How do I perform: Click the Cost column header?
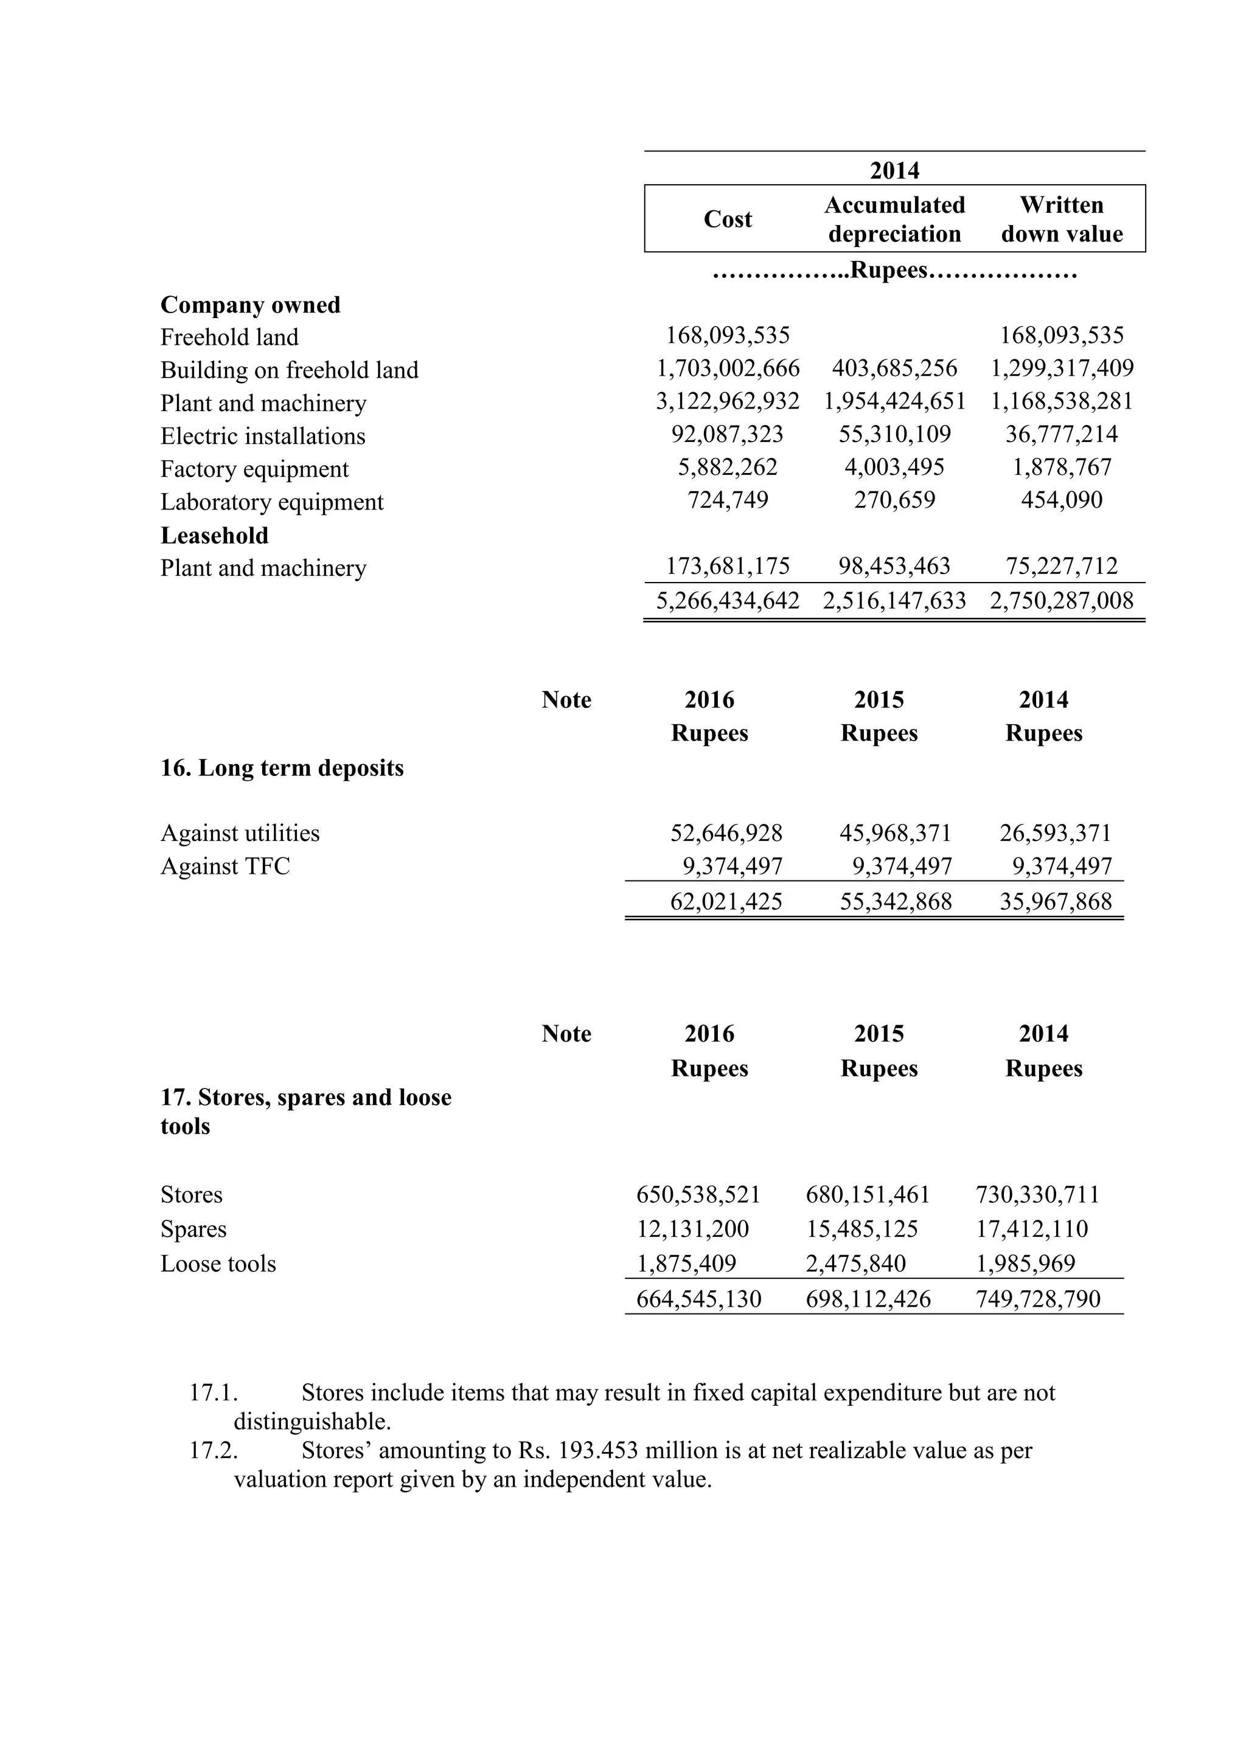coord(728,220)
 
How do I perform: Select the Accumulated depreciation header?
coord(894,220)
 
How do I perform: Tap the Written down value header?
coord(1062,220)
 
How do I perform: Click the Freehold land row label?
coord(229,337)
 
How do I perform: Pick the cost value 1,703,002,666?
coord(728,369)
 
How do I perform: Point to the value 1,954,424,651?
coord(894,402)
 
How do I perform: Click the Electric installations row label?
coord(262,437)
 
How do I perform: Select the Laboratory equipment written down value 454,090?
coord(1062,500)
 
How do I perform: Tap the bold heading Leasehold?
coord(214,535)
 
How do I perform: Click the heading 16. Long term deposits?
coord(282,769)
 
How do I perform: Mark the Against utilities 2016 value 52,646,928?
coord(726,833)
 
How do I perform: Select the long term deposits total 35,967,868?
coord(1055,901)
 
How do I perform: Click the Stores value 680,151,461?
coord(867,1195)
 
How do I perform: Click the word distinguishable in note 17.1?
coord(312,1422)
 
